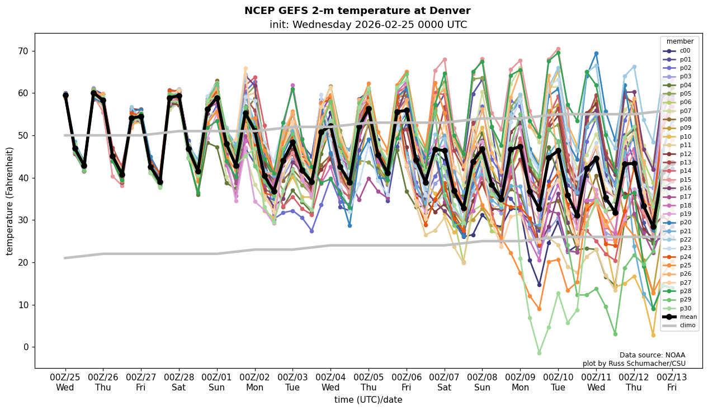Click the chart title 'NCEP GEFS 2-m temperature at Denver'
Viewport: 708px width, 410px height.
[x=357, y=11]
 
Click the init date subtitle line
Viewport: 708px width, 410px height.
[x=368, y=25]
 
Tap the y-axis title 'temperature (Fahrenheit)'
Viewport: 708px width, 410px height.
[x=10, y=201]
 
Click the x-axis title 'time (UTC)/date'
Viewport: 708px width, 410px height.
[x=368, y=400]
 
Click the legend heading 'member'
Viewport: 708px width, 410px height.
[x=679, y=41]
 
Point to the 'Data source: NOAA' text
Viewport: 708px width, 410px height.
[x=652, y=355]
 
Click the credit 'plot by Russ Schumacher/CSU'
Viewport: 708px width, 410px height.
[x=634, y=364]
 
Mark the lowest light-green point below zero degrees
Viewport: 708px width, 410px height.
[x=539, y=353]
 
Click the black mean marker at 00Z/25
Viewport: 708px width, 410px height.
[x=65, y=96]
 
